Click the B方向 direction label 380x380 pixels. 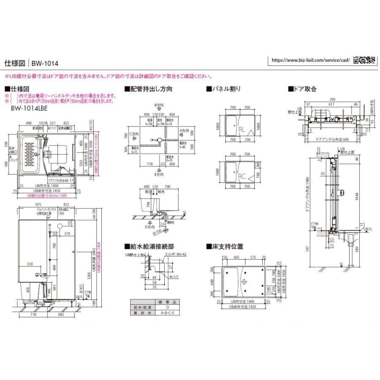pyautogui.click(x=159, y=104)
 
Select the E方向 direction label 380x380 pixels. pyautogui.click(x=159, y=174)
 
